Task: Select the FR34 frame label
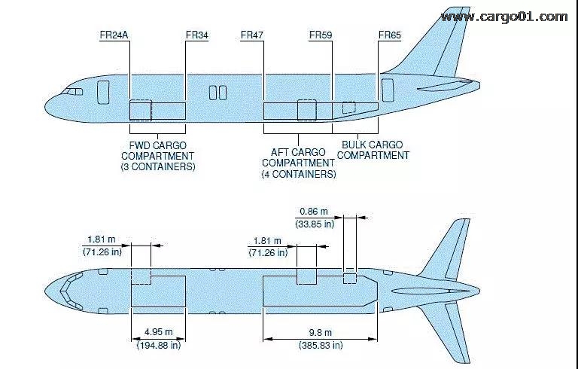click(196, 35)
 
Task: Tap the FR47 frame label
click(252, 35)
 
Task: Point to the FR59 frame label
click(321, 35)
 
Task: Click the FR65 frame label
click(390, 35)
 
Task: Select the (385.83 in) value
click(316, 345)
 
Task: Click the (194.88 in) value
click(157, 345)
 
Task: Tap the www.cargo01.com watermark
click(504, 16)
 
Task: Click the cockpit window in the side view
click(73, 91)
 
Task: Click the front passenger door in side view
click(103, 92)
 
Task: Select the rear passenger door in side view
click(388, 89)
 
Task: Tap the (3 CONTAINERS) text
click(157, 166)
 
